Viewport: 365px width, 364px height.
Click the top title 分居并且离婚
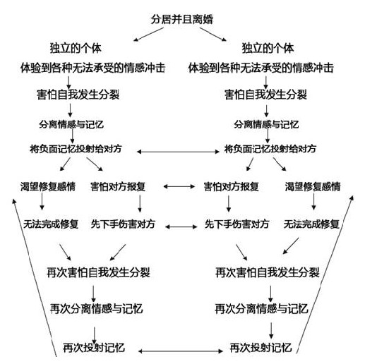182,19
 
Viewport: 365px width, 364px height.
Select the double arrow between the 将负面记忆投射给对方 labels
178,152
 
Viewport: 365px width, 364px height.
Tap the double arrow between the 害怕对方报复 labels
179,187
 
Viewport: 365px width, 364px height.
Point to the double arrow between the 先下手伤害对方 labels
181,226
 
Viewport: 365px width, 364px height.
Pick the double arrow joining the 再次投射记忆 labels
180,351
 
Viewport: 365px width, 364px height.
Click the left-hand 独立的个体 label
76,48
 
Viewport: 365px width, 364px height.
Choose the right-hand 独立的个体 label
268,48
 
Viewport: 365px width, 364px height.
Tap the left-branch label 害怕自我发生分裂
78,95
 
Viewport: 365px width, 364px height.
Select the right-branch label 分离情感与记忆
266,124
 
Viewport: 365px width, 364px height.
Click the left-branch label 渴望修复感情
48,187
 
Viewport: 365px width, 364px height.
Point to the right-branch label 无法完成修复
311,224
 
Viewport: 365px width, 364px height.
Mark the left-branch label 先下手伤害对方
123,224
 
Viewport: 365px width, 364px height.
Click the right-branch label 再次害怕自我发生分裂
268,273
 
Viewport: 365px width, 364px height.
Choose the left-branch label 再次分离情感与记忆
97,309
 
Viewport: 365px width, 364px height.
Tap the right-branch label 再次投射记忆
261,348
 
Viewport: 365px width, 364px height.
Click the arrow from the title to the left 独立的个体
148,35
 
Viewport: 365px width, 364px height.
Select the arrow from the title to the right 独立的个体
213,35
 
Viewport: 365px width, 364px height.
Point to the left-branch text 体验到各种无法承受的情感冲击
92,68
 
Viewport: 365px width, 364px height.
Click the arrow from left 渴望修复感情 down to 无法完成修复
42,202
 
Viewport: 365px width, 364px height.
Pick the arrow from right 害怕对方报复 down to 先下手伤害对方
229,204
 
